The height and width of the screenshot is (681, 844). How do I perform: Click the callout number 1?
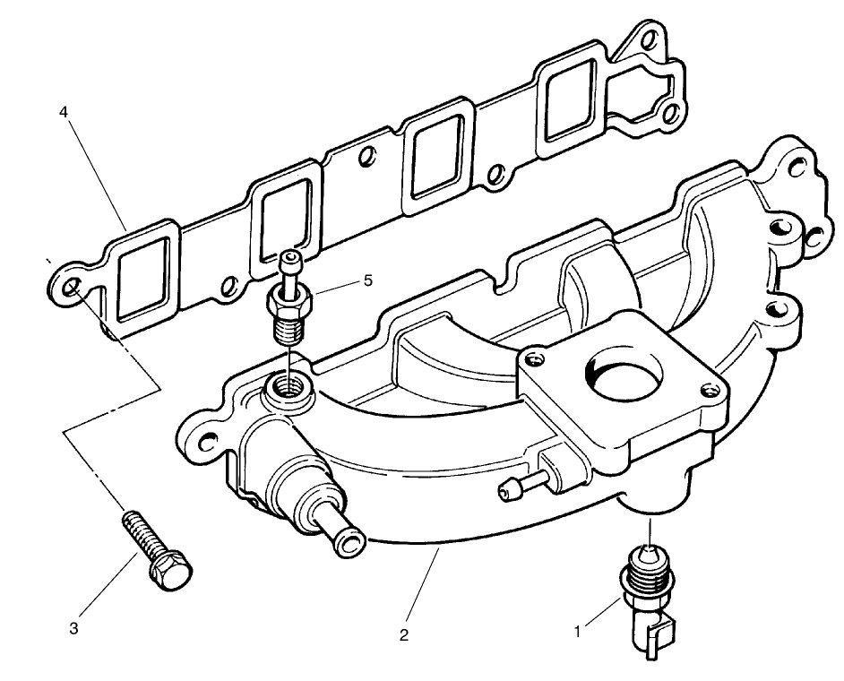(x=578, y=631)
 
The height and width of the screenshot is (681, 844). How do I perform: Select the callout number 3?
(x=74, y=629)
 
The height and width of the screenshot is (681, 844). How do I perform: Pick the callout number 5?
(x=367, y=280)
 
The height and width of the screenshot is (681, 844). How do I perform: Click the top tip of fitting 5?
(x=289, y=260)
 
